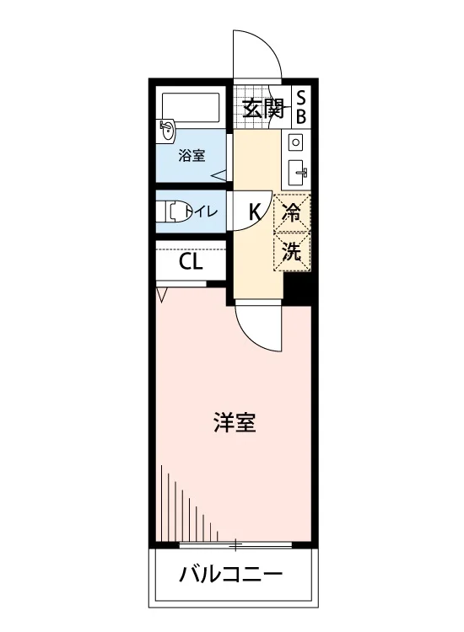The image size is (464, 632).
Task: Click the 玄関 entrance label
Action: tap(264, 109)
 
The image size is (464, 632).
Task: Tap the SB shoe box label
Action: tap(301, 108)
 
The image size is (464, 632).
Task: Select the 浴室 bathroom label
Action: tap(192, 156)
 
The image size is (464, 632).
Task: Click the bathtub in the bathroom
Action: tap(191, 107)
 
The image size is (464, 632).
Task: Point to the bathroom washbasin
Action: tap(167, 130)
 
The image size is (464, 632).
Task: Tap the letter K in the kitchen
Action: tap(255, 212)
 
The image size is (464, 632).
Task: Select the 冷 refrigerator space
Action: tap(292, 212)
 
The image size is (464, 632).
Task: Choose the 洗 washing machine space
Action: tap(292, 251)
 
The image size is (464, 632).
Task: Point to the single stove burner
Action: tap(296, 142)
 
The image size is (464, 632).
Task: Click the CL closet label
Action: tap(191, 262)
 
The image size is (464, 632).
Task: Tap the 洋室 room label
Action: tap(235, 422)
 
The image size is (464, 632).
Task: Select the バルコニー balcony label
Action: tap(231, 575)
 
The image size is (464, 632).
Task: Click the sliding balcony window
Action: tap(235, 546)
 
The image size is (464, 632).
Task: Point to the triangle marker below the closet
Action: tap(161, 295)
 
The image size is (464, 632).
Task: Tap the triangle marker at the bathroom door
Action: tap(219, 175)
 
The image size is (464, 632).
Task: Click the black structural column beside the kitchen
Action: tap(297, 288)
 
